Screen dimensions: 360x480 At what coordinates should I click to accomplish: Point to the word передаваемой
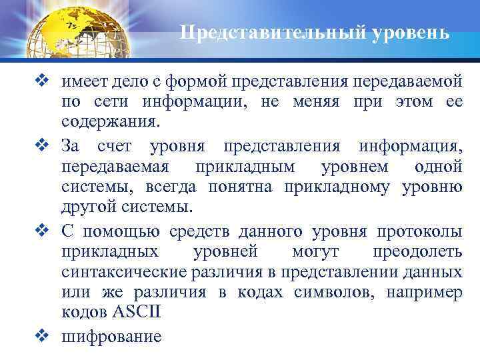click(409, 82)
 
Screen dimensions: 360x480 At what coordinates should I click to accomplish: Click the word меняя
click(317, 103)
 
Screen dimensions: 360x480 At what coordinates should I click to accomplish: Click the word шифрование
click(111, 335)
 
